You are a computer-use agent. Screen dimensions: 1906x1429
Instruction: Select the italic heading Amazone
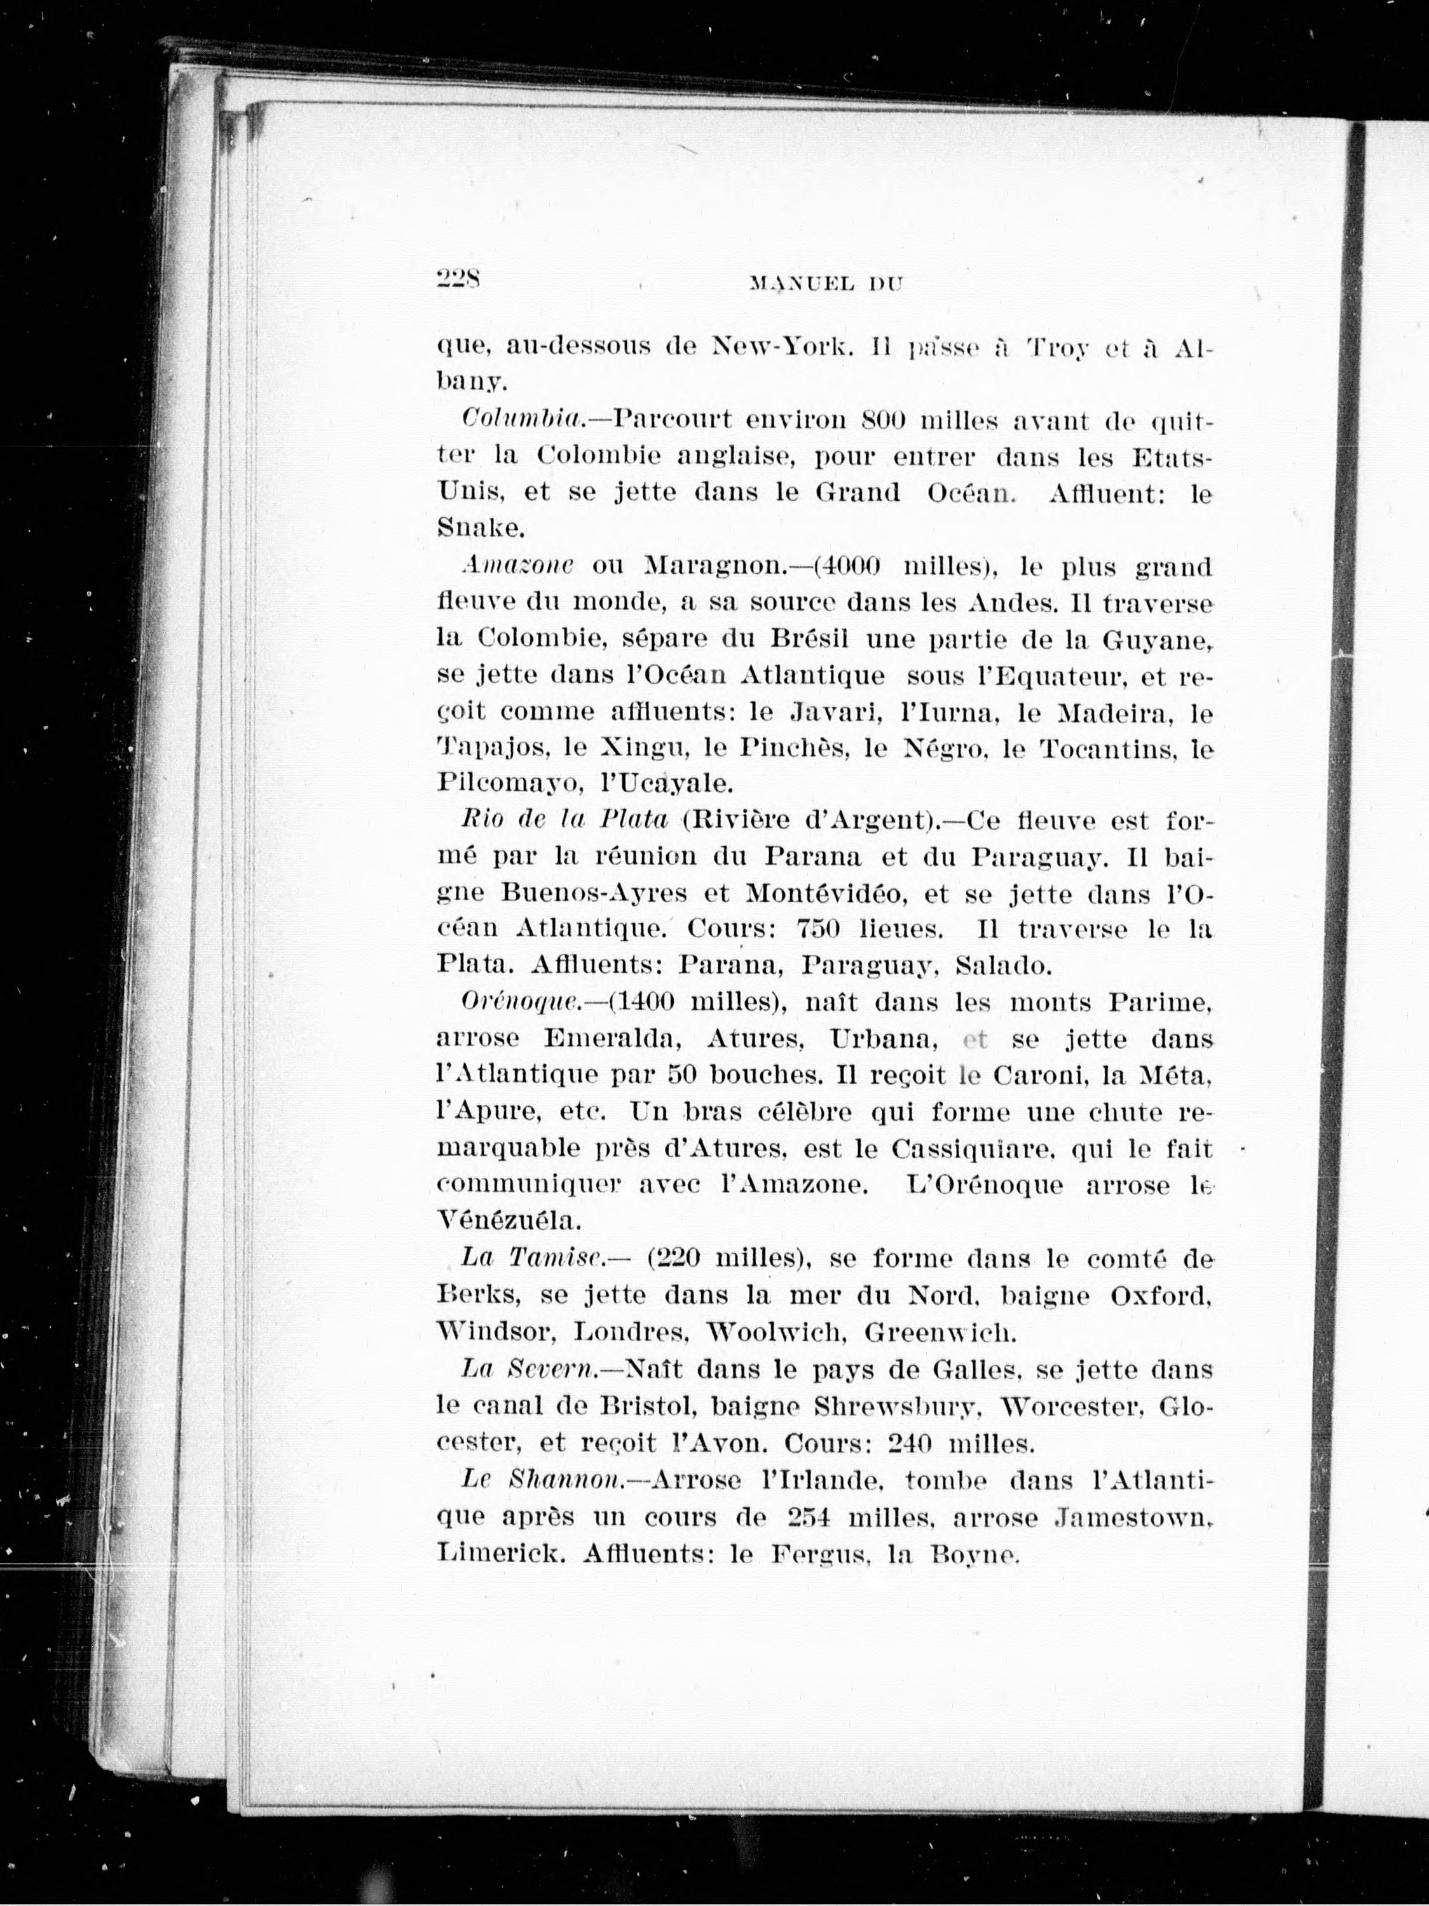click(x=517, y=566)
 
